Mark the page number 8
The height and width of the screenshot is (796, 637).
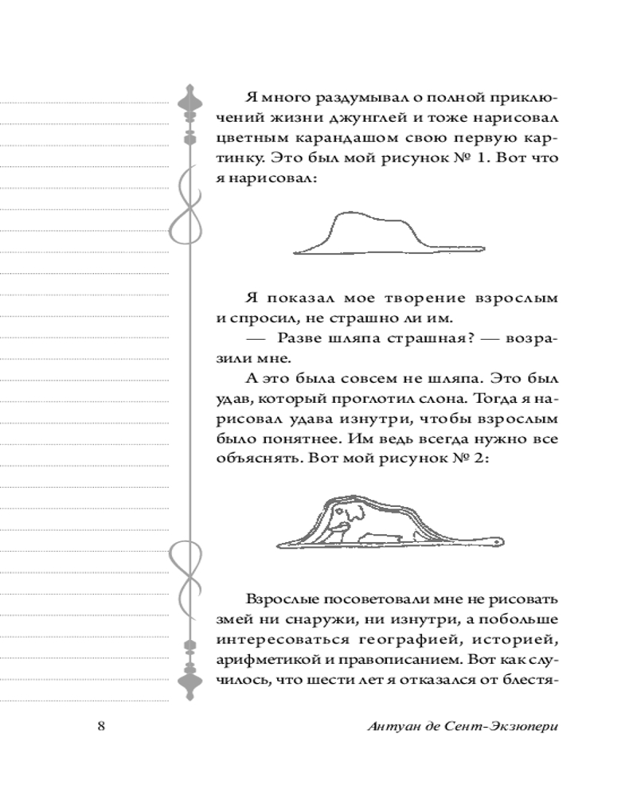tap(101, 727)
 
